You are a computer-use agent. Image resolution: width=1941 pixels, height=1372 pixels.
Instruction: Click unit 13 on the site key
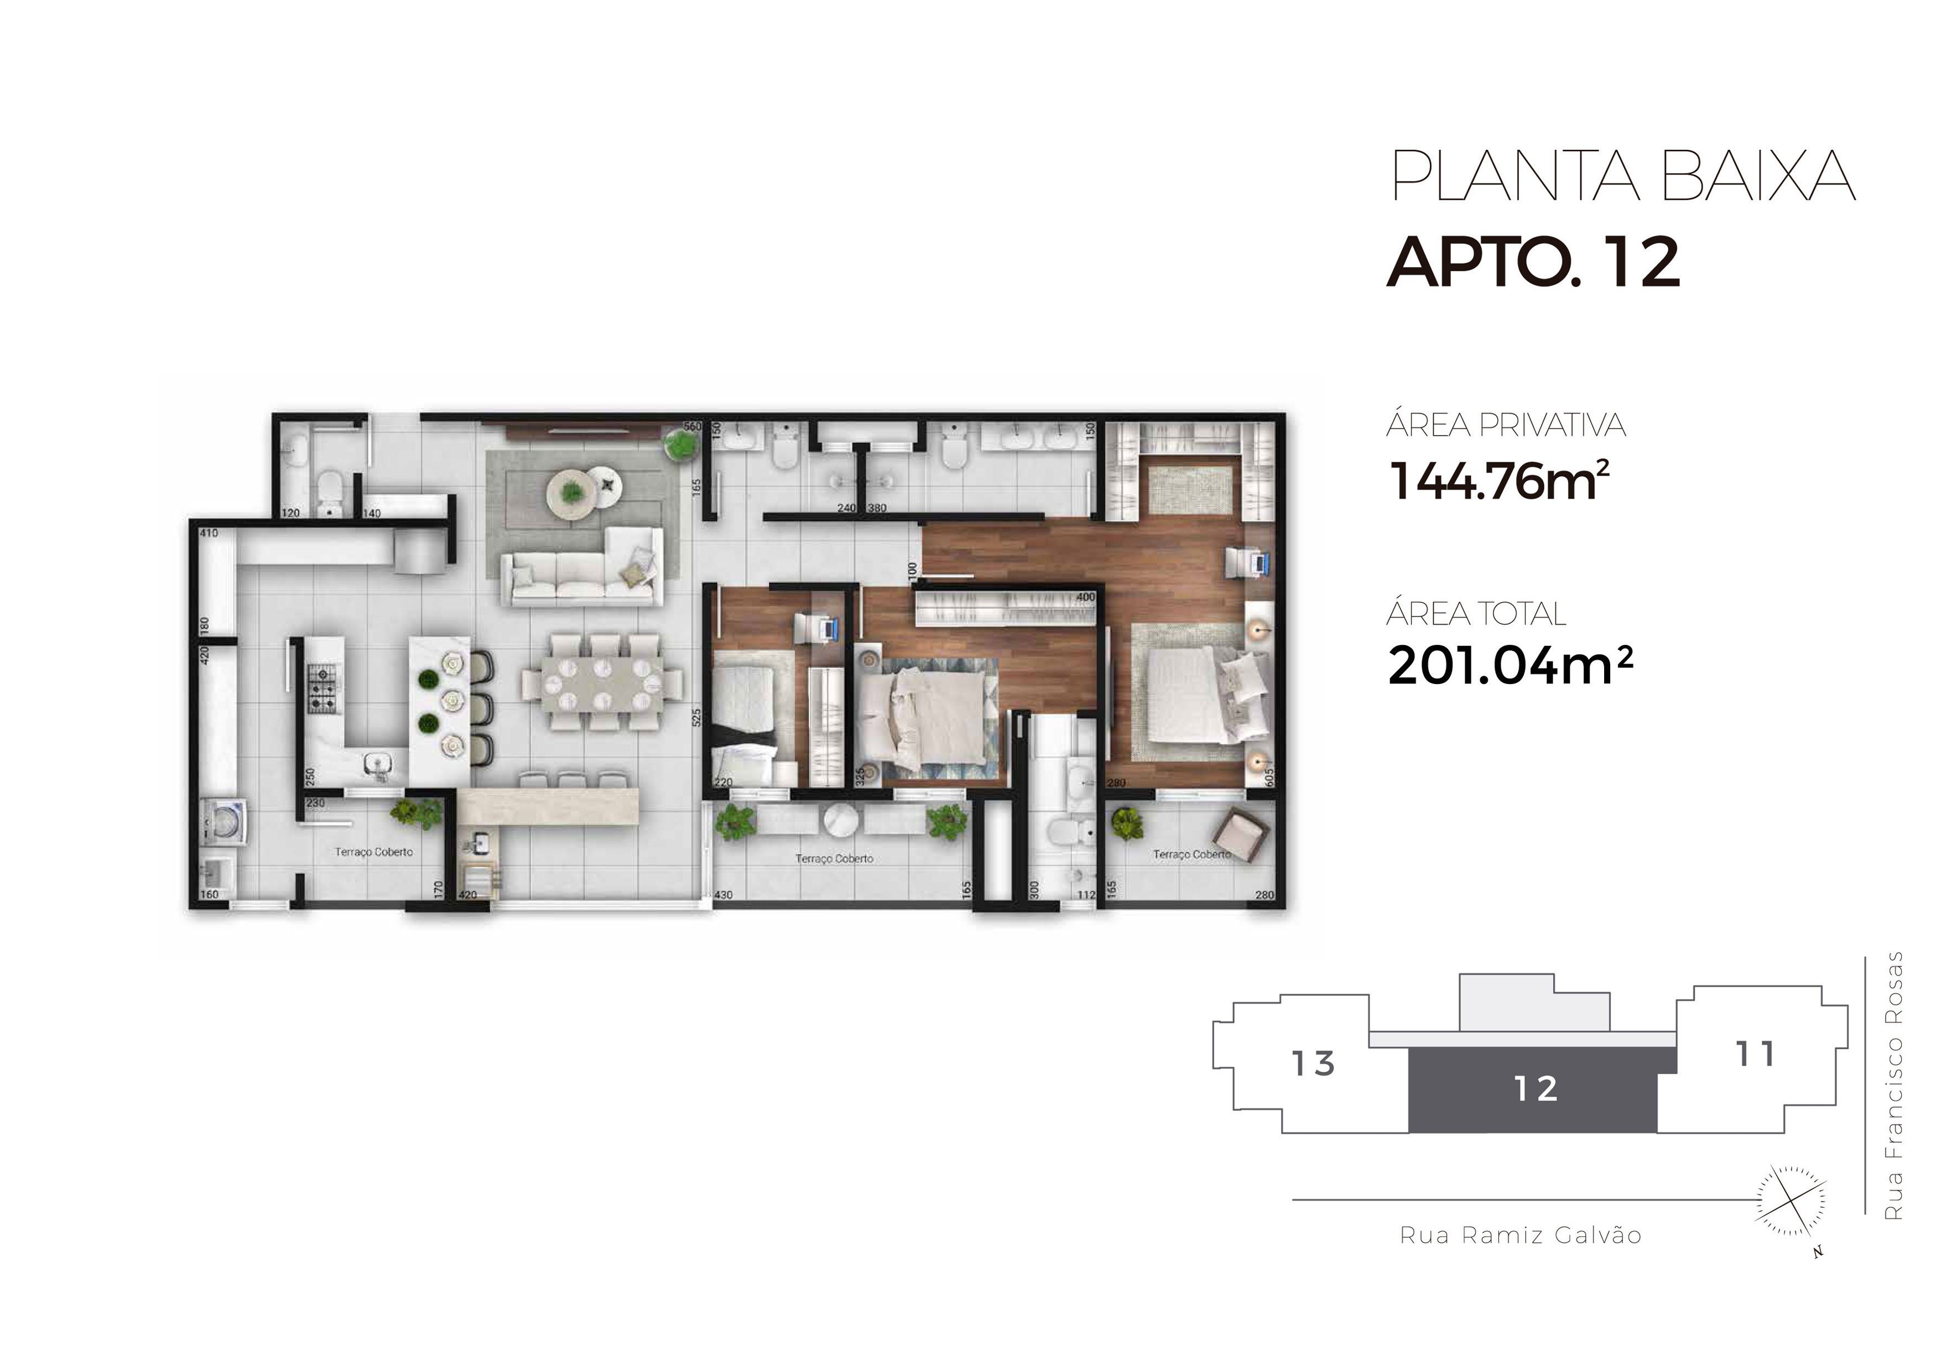coord(1313,1063)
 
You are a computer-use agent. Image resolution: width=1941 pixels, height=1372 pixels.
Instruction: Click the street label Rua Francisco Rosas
coord(1895,1086)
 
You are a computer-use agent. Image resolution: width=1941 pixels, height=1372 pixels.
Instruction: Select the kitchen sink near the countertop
coord(378,764)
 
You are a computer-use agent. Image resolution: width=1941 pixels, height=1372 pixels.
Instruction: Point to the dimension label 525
coord(696,718)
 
